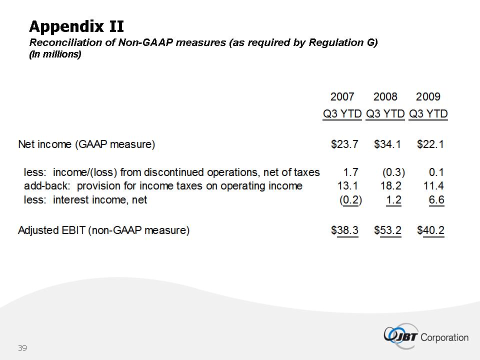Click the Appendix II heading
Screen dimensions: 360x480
76,26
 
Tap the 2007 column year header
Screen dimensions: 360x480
342,97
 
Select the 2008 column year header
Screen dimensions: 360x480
385,97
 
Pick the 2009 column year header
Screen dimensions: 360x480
428,97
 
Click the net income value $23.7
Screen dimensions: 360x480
344,145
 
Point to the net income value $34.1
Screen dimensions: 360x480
387,145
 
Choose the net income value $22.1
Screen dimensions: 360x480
430,145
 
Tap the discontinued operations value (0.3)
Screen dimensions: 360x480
393,172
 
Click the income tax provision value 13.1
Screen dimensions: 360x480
348,186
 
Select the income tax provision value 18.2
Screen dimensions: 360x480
391,186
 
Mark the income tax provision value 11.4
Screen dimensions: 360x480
433,186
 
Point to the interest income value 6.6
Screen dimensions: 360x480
436,200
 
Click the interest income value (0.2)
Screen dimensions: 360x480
350,200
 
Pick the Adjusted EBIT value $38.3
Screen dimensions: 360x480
344,230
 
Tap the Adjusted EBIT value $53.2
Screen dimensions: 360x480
387,230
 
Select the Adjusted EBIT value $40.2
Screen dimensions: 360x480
430,230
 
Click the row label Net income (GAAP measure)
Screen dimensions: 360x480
86,145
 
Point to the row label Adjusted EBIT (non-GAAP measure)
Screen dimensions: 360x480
103,230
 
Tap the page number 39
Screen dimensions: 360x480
22,347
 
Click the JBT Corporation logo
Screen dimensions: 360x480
426,335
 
